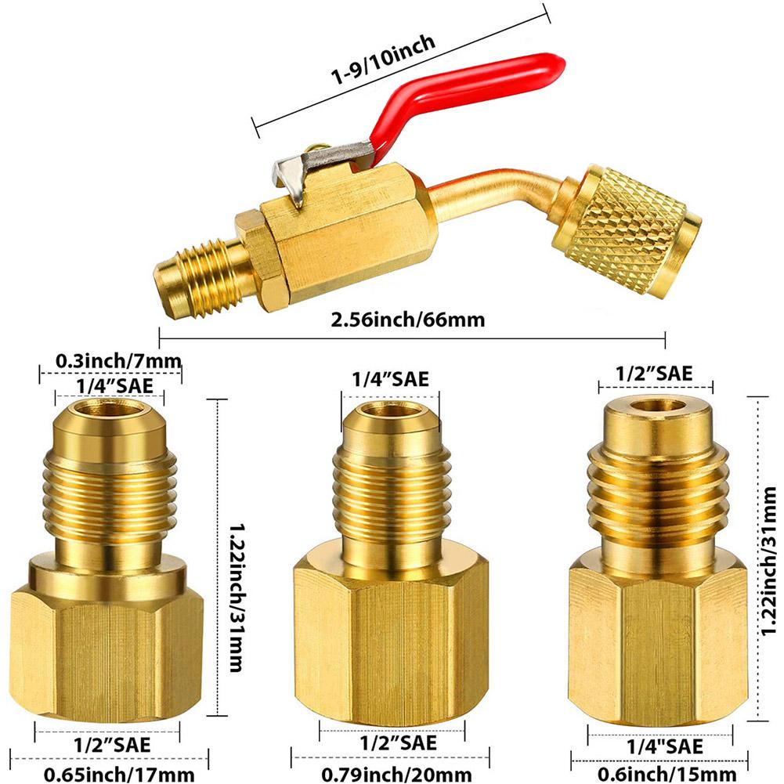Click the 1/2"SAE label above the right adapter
tap(656, 373)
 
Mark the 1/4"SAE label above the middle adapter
tap(389, 378)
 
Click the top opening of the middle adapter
tap(388, 410)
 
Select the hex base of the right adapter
tap(657, 627)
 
